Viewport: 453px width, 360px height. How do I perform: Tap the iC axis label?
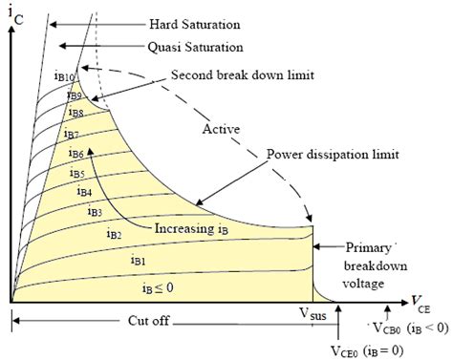[x=18, y=13]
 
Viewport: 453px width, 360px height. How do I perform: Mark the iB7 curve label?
[x=72, y=135]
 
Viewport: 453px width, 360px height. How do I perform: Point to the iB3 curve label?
[x=95, y=211]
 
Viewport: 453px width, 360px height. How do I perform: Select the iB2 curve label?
[x=113, y=234]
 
